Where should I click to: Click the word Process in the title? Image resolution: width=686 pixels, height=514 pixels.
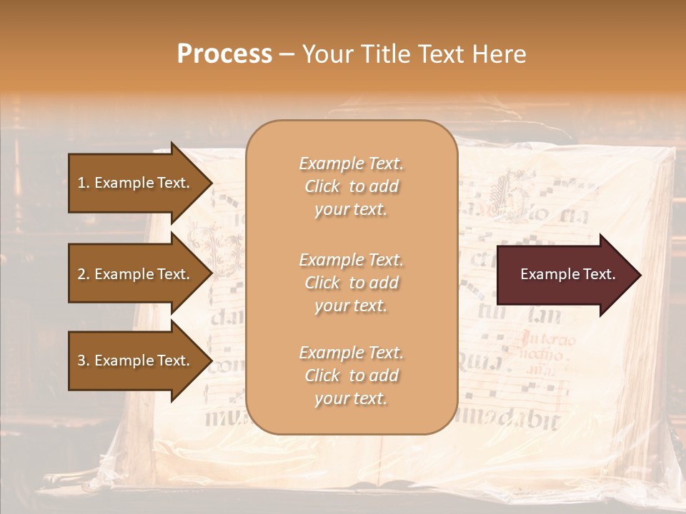[x=224, y=54]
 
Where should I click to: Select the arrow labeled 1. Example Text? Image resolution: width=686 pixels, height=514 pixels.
[x=136, y=183]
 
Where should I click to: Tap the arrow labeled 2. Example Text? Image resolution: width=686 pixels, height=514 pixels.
[x=136, y=274]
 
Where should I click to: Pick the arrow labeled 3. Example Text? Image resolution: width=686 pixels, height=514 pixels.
[x=136, y=361]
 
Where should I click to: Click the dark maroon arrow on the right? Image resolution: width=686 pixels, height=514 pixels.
[x=565, y=274]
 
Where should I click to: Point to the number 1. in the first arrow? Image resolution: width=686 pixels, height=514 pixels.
[x=84, y=183]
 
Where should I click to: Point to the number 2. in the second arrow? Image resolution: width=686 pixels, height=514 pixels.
[x=84, y=274]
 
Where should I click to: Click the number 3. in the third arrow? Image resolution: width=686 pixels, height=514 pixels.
[x=84, y=361]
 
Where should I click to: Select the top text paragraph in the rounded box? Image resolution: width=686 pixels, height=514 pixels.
[x=351, y=186]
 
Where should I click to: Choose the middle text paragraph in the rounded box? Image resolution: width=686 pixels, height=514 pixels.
[x=351, y=283]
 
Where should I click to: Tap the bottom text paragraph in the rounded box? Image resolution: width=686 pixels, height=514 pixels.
[x=351, y=376]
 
